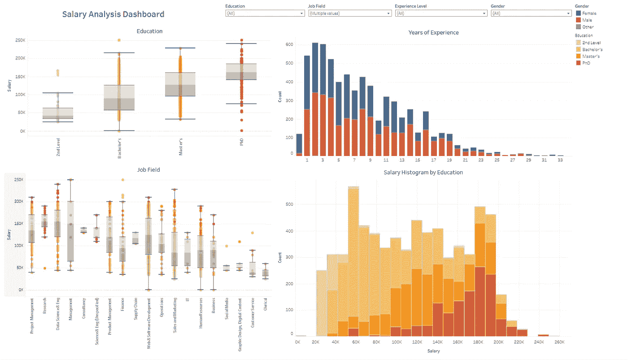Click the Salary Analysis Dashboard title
[113, 14]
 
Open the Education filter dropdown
[265, 13]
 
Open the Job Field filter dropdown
[349, 13]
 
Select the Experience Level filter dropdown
[440, 13]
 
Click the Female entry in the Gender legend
[589, 13]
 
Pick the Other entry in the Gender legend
[588, 27]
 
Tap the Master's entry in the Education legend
[590, 56]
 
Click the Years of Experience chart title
[433, 32]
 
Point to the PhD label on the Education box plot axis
[241, 142]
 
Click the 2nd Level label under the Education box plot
[59, 147]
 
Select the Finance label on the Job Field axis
[122, 309]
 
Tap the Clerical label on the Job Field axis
[266, 306]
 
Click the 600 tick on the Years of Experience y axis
[289, 44]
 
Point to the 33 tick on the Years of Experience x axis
[560, 160]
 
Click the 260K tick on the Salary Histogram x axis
[559, 342]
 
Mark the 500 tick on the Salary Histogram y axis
[289, 204]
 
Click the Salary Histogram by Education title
[423, 172]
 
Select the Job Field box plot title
[148, 170]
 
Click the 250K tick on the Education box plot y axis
[20, 40]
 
